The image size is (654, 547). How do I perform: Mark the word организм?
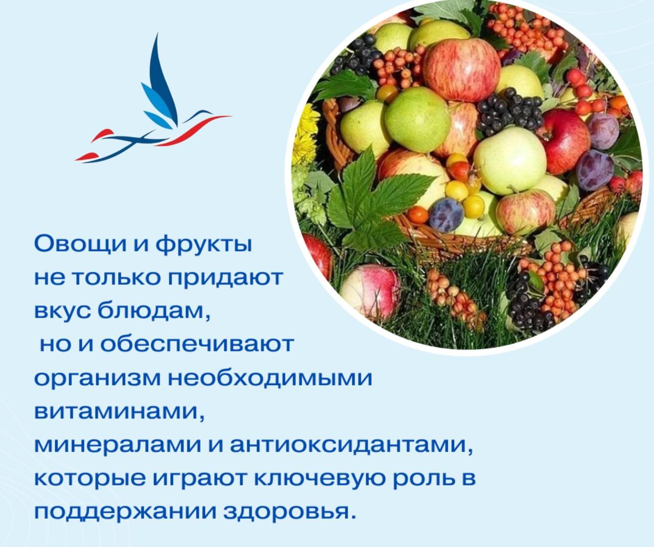click(97, 379)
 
